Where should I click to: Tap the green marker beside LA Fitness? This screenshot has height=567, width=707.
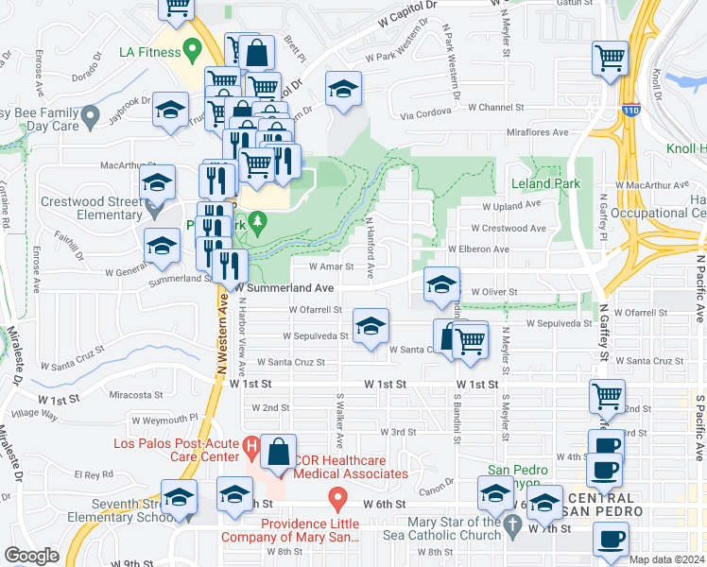click(193, 47)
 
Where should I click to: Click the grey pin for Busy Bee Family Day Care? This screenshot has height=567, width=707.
click(91, 117)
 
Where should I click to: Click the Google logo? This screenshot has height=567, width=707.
click(31, 556)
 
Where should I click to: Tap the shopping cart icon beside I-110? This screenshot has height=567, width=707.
click(611, 59)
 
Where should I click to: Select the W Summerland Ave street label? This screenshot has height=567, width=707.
click(286, 287)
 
